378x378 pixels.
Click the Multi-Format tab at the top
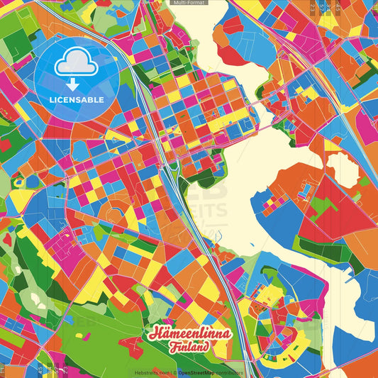click(x=189, y=3)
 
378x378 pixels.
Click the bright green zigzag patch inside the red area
click(x=323, y=206)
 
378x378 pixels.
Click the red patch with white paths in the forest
click(x=131, y=346)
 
